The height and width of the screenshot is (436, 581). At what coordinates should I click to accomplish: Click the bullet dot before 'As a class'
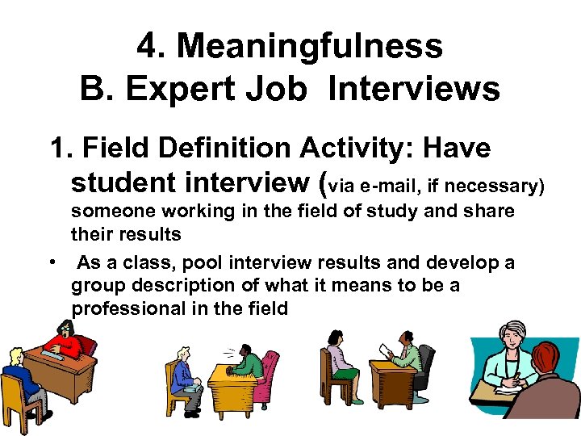tap(51, 263)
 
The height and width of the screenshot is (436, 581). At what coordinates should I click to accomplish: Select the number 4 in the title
tap(146, 47)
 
